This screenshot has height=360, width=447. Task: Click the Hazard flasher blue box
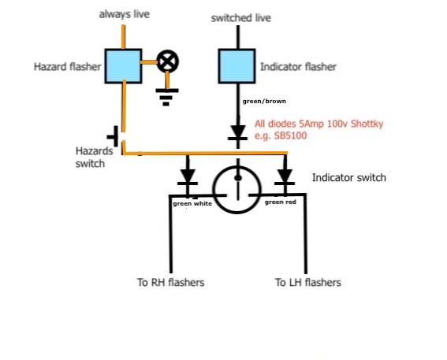point(123,66)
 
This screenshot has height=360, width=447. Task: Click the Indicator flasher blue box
point(237,66)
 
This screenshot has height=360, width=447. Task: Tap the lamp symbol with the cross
point(168,61)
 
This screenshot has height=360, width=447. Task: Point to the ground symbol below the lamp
point(167,97)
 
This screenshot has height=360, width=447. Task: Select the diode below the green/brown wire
point(238,132)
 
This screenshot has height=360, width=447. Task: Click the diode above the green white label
point(188,177)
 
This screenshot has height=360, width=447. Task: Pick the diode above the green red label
point(285,177)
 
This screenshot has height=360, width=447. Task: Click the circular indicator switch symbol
point(237,189)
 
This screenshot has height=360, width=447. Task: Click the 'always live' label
point(125,14)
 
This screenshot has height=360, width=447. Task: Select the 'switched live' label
point(241,18)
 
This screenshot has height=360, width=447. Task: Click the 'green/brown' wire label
point(264,101)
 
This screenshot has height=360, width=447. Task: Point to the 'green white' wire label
point(192,204)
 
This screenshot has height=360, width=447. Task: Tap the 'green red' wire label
point(281,202)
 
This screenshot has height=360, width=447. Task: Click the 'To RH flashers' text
point(171,282)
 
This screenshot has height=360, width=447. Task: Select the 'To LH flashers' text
point(308,282)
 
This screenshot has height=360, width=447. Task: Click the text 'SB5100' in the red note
point(290,135)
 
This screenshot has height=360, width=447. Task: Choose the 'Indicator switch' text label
point(349,177)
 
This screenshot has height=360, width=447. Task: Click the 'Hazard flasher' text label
point(68,67)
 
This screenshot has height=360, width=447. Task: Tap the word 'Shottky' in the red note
point(367,124)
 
